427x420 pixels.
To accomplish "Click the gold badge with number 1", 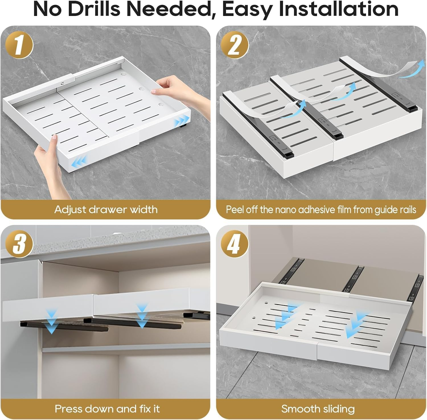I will pos(19,45).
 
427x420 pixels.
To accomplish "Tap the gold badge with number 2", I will pos(235,45).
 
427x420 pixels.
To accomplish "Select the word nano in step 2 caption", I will pos(286,209).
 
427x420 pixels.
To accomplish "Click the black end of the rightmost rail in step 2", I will pos(412,108).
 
